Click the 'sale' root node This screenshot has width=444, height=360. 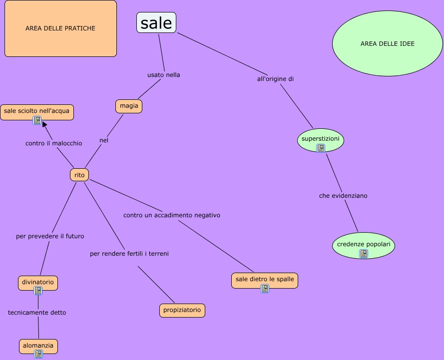click(x=156, y=23)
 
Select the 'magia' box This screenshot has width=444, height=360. click(x=129, y=106)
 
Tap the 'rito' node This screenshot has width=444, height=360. click(x=79, y=175)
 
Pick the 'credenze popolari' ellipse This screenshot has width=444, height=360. click(x=363, y=245)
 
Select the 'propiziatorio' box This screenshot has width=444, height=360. click(x=182, y=310)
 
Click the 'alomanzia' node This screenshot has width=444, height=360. click(x=38, y=345)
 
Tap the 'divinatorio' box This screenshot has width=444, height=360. click(x=38, y=282)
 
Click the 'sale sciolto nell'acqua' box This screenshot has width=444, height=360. click(x=36, y=111)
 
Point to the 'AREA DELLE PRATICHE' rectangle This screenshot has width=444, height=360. click(x=60, y=28)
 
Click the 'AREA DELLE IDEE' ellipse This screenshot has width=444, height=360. click(x=387, y=43)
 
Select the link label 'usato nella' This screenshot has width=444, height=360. click(x=163, y=75)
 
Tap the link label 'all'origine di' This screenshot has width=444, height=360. click(x=279, y=79)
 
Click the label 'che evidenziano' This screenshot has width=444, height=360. click(x=343, y=196)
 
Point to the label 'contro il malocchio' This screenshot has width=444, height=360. click(x=53, y=143)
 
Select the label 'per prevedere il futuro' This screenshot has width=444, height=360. click(x=50, y=236)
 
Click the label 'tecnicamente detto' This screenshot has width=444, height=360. click(x=37, y=313)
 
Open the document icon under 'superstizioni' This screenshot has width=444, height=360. click(x=321, y=148)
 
